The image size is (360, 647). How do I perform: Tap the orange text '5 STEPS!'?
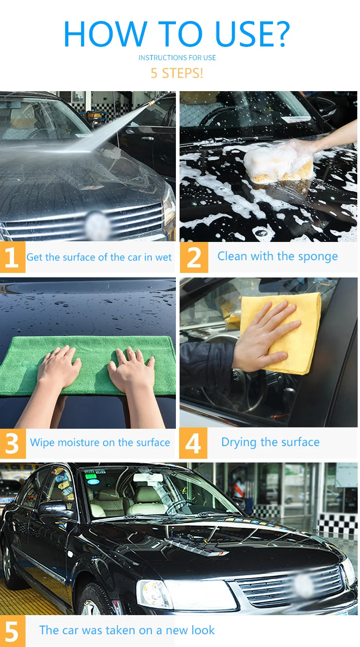(177, 73)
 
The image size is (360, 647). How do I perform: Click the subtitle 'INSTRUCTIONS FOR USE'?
(177, 58)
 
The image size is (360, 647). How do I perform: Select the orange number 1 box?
(12, 257)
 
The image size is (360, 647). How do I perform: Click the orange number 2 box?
(194, 257)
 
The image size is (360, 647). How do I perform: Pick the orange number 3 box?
(13, 443)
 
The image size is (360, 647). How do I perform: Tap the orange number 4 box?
(193, 443)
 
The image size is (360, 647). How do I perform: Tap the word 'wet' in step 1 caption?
(164, 257)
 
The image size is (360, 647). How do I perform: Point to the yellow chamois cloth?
(282, 332)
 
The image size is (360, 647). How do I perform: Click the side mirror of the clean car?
(55, 511)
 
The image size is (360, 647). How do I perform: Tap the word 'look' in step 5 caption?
(205, 630)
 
